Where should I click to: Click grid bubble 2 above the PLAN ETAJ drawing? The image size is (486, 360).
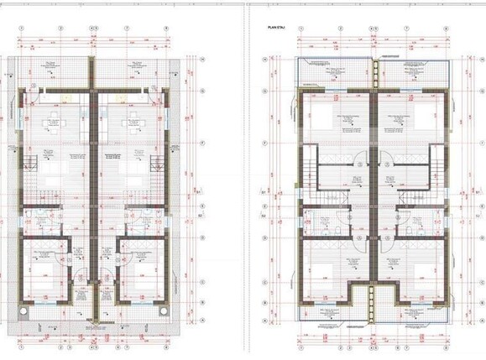click(x=340, y=27)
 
